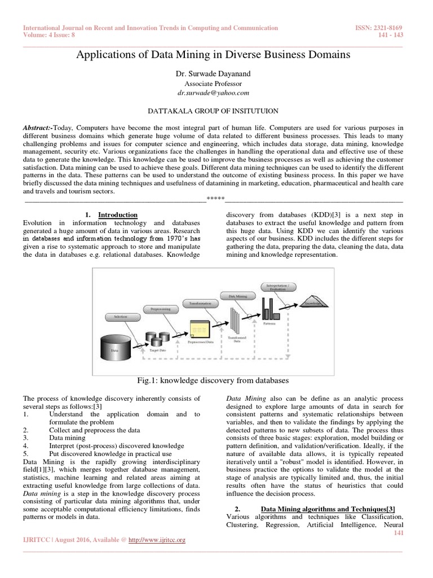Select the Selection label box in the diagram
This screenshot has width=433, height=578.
click(120, 317)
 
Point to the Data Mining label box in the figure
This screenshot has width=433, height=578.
click(240, 296)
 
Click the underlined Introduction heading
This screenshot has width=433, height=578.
click(118, 214)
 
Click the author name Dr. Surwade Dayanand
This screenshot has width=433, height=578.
click(216, 74)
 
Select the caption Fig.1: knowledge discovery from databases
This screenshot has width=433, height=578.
click(216, 380)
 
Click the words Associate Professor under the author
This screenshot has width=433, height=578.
click(216, 84)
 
